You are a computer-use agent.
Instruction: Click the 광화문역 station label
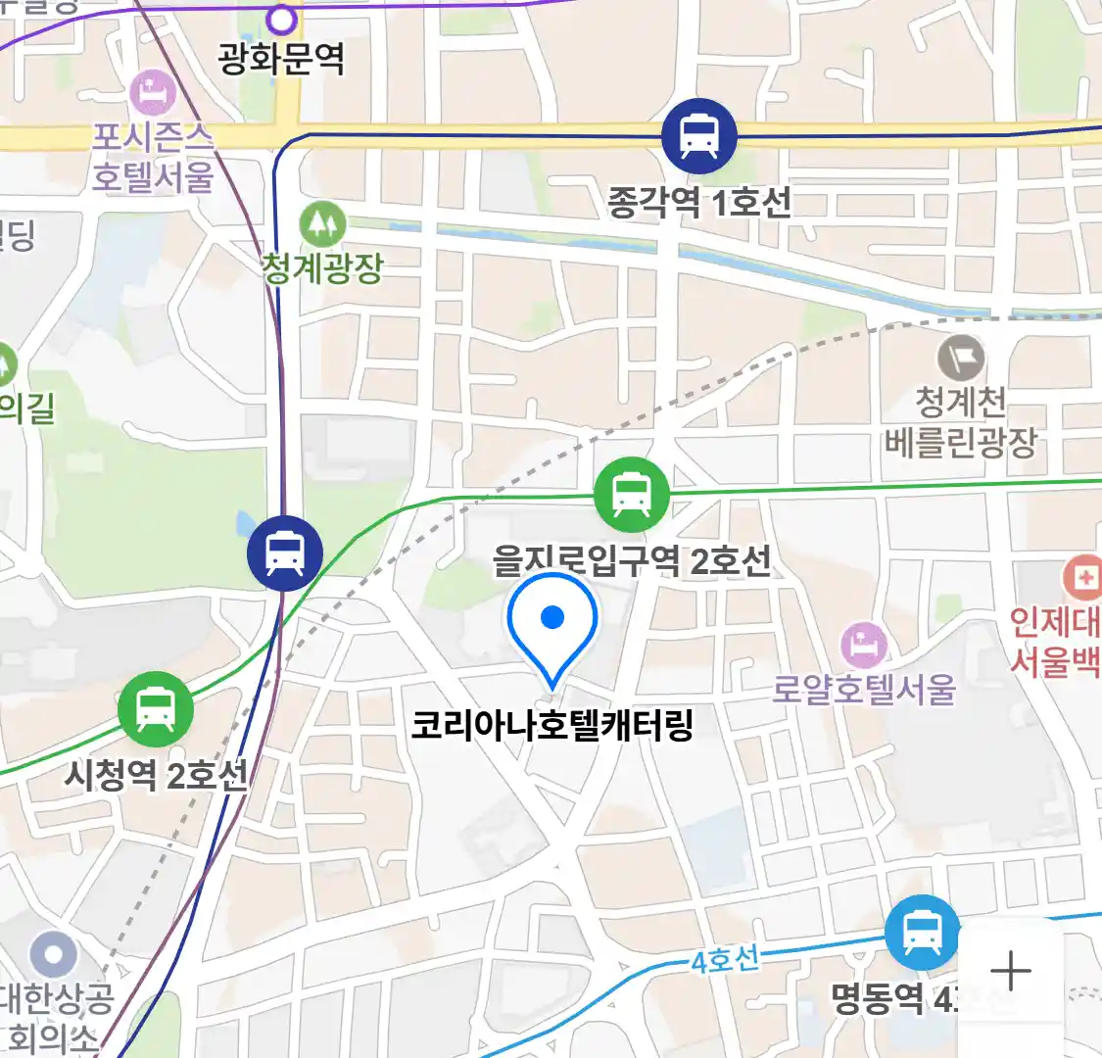[x=281, y=61]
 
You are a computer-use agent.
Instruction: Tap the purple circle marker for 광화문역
[x=281, y=18]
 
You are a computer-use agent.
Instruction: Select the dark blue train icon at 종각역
[x=698, y=135]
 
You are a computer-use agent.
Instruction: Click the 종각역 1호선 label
[x=699, y=203]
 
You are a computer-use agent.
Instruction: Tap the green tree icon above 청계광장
[x=322, y=224]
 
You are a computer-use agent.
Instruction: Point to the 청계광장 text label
[x=322, y=266]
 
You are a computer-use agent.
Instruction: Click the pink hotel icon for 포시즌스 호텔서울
[x=153, y=93]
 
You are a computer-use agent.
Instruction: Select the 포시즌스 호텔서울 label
[x=153, y=157]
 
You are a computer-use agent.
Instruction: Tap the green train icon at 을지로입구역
[x=632, y=495]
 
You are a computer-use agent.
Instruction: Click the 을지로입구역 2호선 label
[x=632, y=561]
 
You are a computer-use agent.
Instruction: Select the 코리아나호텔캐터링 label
[x=552, y=726]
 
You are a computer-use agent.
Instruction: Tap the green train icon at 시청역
[x=155, y=708]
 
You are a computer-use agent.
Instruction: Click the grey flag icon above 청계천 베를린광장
[x=961, y=358]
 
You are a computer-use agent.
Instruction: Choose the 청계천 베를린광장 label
[x=961, y=422]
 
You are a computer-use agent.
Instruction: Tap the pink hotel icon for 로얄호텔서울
[x=864, y=645]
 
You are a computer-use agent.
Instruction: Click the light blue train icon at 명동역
[x=922, y=932]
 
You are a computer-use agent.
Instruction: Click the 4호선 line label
[x=725, y=959]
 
